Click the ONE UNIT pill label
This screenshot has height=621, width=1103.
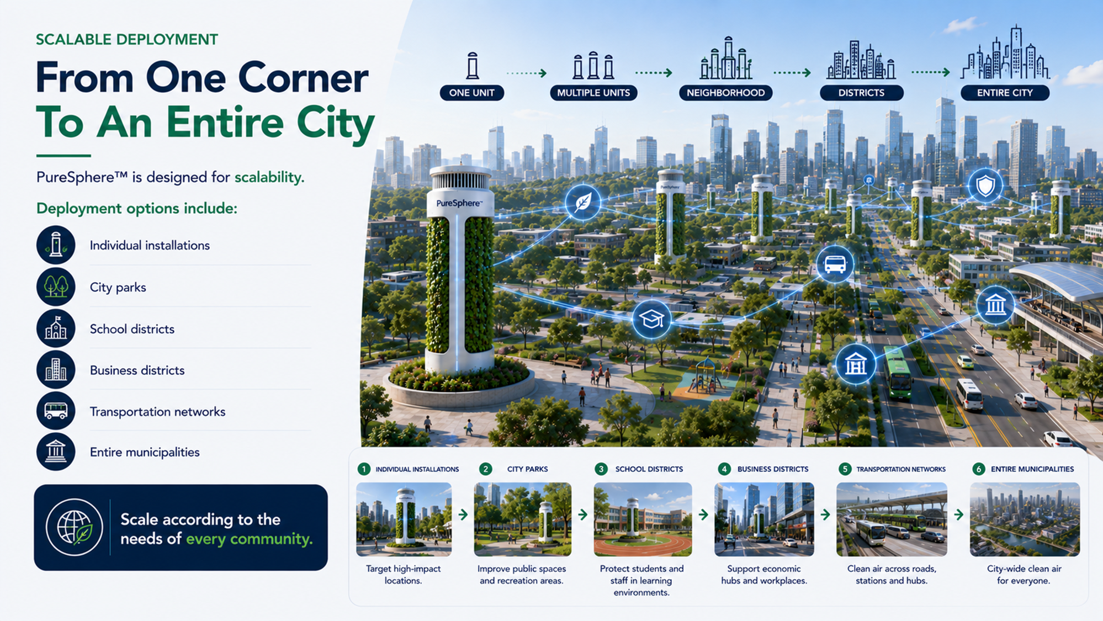click(471, 93)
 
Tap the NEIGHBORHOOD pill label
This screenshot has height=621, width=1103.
click(725, 93)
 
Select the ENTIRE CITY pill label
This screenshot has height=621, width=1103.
click(1005, 93)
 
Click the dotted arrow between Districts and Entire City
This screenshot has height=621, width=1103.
click(930, 72)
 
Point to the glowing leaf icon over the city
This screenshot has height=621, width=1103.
click(582, 202)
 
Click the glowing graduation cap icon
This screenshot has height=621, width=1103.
click(651, 320)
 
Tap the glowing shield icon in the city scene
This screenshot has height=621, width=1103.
click(985, 186)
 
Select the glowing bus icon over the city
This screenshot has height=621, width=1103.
click(835, 264)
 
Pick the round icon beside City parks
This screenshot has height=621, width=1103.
click(56, 287)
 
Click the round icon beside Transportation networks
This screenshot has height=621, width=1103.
click(56, 411)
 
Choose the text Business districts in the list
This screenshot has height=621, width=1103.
click(137, 370)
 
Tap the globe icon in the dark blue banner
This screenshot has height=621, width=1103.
click(75, 527)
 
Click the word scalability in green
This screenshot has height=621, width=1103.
click(269, 177)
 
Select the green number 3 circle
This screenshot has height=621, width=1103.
click(601, 469)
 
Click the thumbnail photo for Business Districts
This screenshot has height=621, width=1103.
click(764, 519)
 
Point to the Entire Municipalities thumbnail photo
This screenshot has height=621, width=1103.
click(1025, 519)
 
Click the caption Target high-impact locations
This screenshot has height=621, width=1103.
click(403, 575)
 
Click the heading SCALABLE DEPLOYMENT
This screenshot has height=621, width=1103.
click(127, 40)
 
